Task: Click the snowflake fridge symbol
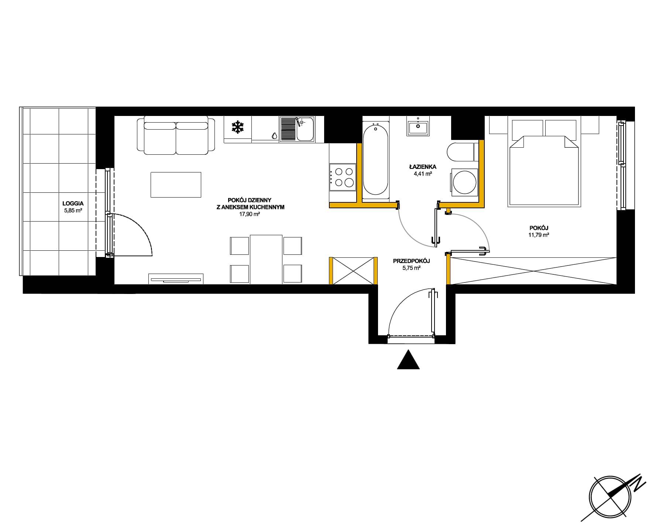click(x=238, y=128)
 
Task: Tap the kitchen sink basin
click(x=305, y=129)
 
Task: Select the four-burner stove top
click(x=342, y=177)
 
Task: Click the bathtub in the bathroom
click(x=375, y=159)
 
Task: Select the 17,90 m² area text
click(x=250, y=214)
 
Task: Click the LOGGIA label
click(x=73, y=203)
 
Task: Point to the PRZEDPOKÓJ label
click(x=412, y=261)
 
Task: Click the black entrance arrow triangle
click(x=408, y=360)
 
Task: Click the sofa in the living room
click(x=176, y=135)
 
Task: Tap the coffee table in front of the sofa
click(x=176, y=185)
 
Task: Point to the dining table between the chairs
click(x=266, y=259)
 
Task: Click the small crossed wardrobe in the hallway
click(x=354, y=271)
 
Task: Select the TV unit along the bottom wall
click(x=176, y=279)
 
